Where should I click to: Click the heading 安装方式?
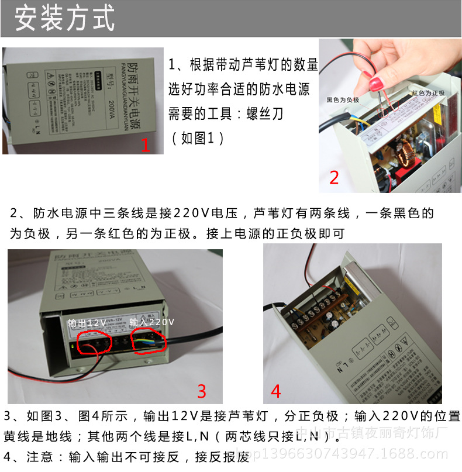pyautogui.click(x=64, y=19)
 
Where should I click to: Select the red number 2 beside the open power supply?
pyautogui.click(x=334, y=177)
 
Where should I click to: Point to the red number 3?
pyautogui.click(x=201, y=391)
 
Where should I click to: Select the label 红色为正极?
pyautogui.click(x=427, y=93)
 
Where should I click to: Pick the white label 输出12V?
pyautogui.click(x=87, y=322)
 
